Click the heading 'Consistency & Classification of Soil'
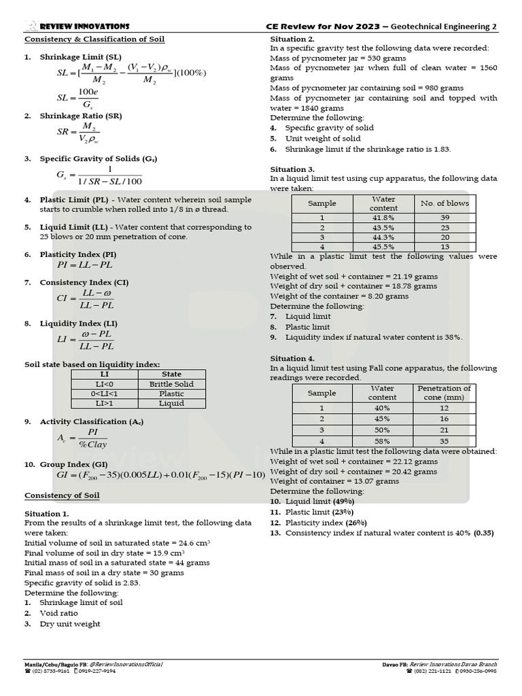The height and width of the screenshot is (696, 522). (94, 39)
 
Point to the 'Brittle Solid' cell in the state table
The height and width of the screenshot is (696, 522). (171, 384)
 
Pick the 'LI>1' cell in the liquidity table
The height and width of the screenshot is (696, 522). (105, 403)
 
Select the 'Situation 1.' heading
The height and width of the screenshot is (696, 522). (47, 514)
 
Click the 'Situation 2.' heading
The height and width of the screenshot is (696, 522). (292, 39)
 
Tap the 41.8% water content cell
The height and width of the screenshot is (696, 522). (384, 217)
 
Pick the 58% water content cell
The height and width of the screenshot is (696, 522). (383, 442)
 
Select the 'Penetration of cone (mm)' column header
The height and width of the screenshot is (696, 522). (444, 392)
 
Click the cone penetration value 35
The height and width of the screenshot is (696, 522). (444, 442)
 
